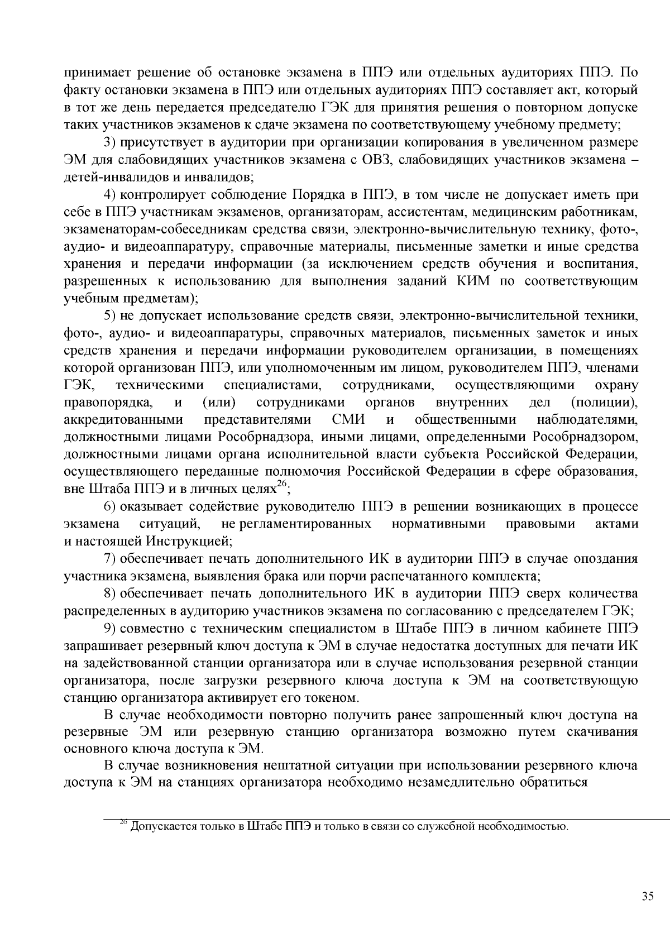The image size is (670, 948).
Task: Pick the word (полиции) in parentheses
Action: (605, 402)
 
